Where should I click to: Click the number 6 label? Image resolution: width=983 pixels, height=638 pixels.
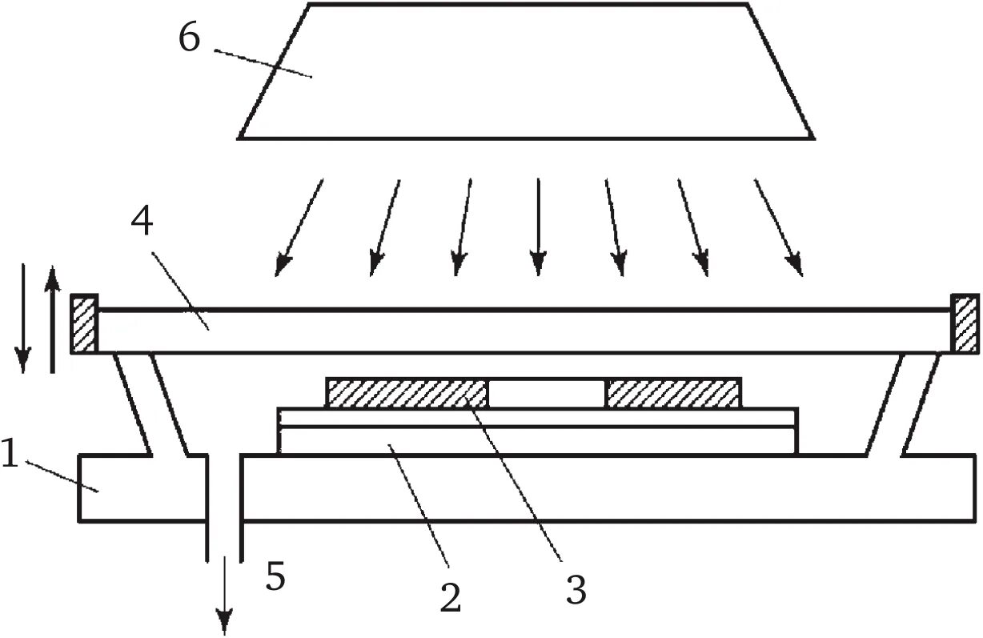pos(189,38)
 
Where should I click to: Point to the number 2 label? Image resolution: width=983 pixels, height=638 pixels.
pos(451,596)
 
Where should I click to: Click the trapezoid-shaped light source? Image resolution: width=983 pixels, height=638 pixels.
pos(527,72)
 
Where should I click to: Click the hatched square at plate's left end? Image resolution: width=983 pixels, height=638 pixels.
pos(84,324)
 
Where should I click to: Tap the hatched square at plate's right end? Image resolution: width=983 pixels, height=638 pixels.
pos(965,324)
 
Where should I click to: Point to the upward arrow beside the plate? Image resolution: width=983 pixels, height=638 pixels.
pos(52,320)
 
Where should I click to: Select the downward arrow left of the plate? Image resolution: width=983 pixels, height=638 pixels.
pos(23,320)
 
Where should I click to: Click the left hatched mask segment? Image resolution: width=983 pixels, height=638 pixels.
pos(407,393)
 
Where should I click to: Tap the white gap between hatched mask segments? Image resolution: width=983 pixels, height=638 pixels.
pos(548,393)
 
